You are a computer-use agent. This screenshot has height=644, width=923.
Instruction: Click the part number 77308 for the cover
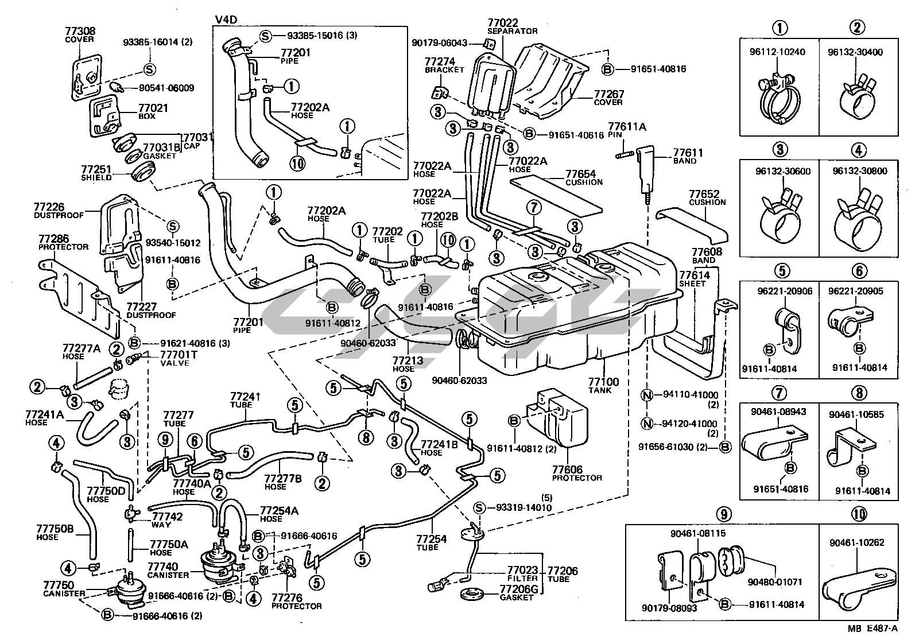(79, 31)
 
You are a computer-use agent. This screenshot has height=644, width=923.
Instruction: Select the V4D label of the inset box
(225, 21)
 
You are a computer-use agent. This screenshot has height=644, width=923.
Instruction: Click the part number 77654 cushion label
(580, 174)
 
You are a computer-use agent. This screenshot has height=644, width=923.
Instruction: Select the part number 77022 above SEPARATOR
(503, 23)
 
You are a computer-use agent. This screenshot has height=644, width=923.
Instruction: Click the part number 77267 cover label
(608, 94)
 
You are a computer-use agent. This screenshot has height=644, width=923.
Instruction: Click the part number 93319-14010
(523, 507)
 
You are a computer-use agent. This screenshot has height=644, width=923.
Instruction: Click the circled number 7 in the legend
(779, 393)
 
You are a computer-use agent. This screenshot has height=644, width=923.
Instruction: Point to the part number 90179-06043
(440, 42)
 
